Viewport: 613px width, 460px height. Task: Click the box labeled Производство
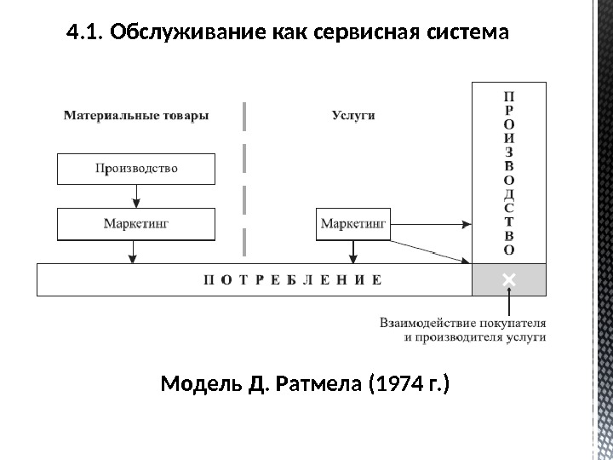coord(136,169)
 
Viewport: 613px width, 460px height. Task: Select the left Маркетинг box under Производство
coord(136,225)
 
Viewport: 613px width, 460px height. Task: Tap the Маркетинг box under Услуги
coord(353,225)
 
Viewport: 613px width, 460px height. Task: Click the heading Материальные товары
coord(136,116)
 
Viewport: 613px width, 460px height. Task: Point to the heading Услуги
coord(352,116)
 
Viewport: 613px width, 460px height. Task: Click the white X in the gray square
coord(509,279)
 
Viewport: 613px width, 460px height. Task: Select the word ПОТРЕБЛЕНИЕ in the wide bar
coord(292,279)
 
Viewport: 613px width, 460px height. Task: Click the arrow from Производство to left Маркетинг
coord(136,197)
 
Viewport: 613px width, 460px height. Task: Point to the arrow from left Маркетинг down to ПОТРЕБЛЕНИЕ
coord(132,252)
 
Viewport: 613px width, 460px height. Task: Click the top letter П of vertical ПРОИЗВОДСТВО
coord(509,95)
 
